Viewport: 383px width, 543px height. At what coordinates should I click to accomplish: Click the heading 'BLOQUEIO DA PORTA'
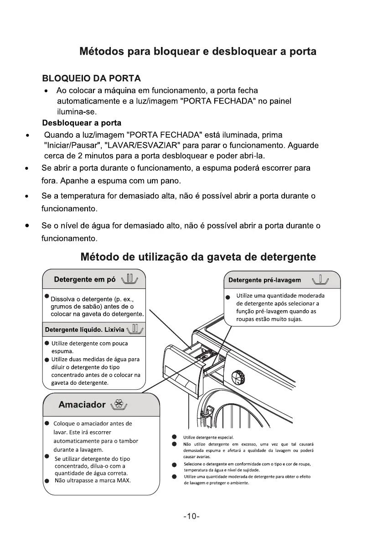tap(91, 78)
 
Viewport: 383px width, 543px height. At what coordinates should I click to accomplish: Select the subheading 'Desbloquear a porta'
tap(82, 123)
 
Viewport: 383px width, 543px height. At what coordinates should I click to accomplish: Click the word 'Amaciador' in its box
tap(82, 405)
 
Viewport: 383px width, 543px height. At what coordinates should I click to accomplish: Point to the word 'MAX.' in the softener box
tap(122, 480)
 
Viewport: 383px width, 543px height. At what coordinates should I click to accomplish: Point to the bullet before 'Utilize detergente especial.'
tap(174, 437)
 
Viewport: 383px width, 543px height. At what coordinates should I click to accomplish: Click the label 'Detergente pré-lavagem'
tap(264, 280)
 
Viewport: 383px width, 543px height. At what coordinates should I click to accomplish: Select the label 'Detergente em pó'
tap(84, 279)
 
